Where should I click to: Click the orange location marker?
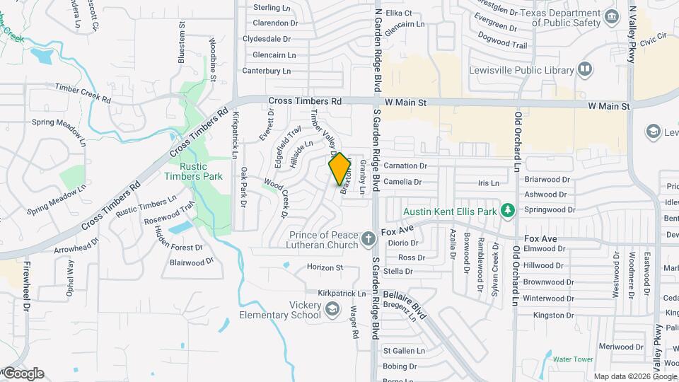point(339,169)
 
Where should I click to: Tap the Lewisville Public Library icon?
point(585,69)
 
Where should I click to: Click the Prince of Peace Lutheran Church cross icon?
point(367,238)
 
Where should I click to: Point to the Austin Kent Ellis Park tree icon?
point(506,211)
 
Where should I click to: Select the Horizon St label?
point(325,267)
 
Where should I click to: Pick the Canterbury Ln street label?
point(267,71)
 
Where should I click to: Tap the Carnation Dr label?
point(405,166)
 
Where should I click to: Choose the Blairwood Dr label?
point(191,262)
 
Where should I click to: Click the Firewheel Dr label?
point(27,287)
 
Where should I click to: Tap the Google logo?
point(23,374)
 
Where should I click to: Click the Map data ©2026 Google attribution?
point(634,376)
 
